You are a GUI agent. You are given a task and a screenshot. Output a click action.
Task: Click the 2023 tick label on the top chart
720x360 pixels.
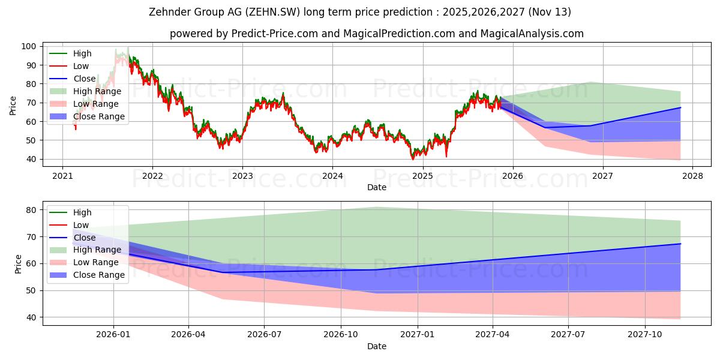(242, 176)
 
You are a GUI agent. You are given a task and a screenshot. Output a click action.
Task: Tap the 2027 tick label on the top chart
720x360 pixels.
(602, 176)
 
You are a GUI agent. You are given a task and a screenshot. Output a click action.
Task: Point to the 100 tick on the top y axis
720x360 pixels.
(29, 47)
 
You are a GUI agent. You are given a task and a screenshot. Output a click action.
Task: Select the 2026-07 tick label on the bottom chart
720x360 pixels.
(264, 335)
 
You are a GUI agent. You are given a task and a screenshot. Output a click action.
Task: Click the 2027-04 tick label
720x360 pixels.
(493, 335)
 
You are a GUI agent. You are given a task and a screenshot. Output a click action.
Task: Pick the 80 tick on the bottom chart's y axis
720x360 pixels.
(31, 210)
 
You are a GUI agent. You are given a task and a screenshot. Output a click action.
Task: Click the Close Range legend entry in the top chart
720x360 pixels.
(87, 116)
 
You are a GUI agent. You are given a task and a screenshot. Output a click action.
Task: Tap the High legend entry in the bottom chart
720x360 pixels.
(70, 212)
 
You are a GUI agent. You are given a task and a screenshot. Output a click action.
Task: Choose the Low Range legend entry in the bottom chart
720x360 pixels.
(84, 262)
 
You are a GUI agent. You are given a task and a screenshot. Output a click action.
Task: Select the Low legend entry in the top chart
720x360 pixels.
(69, 66)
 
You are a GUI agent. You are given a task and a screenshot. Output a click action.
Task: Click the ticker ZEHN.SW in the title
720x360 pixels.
(273, 12)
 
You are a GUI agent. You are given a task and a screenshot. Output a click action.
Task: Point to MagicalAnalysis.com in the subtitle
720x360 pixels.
(532, 34)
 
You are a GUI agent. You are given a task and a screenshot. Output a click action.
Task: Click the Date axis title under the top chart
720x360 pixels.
(377, 187)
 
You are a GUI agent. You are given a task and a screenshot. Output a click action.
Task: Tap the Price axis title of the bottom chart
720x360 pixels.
(18, 264)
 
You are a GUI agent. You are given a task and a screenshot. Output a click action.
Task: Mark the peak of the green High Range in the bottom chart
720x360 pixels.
(376, 208)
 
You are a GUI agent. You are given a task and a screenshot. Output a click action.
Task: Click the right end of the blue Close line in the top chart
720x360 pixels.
(680, 107)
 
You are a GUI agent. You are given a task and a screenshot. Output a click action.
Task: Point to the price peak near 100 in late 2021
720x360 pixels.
(128, 47)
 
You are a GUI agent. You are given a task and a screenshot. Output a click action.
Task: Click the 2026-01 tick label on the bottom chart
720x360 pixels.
(113, 335)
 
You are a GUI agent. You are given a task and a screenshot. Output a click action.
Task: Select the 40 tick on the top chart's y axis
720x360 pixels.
(31, 160)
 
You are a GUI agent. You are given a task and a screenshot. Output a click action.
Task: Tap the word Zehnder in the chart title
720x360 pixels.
(170, 12)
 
